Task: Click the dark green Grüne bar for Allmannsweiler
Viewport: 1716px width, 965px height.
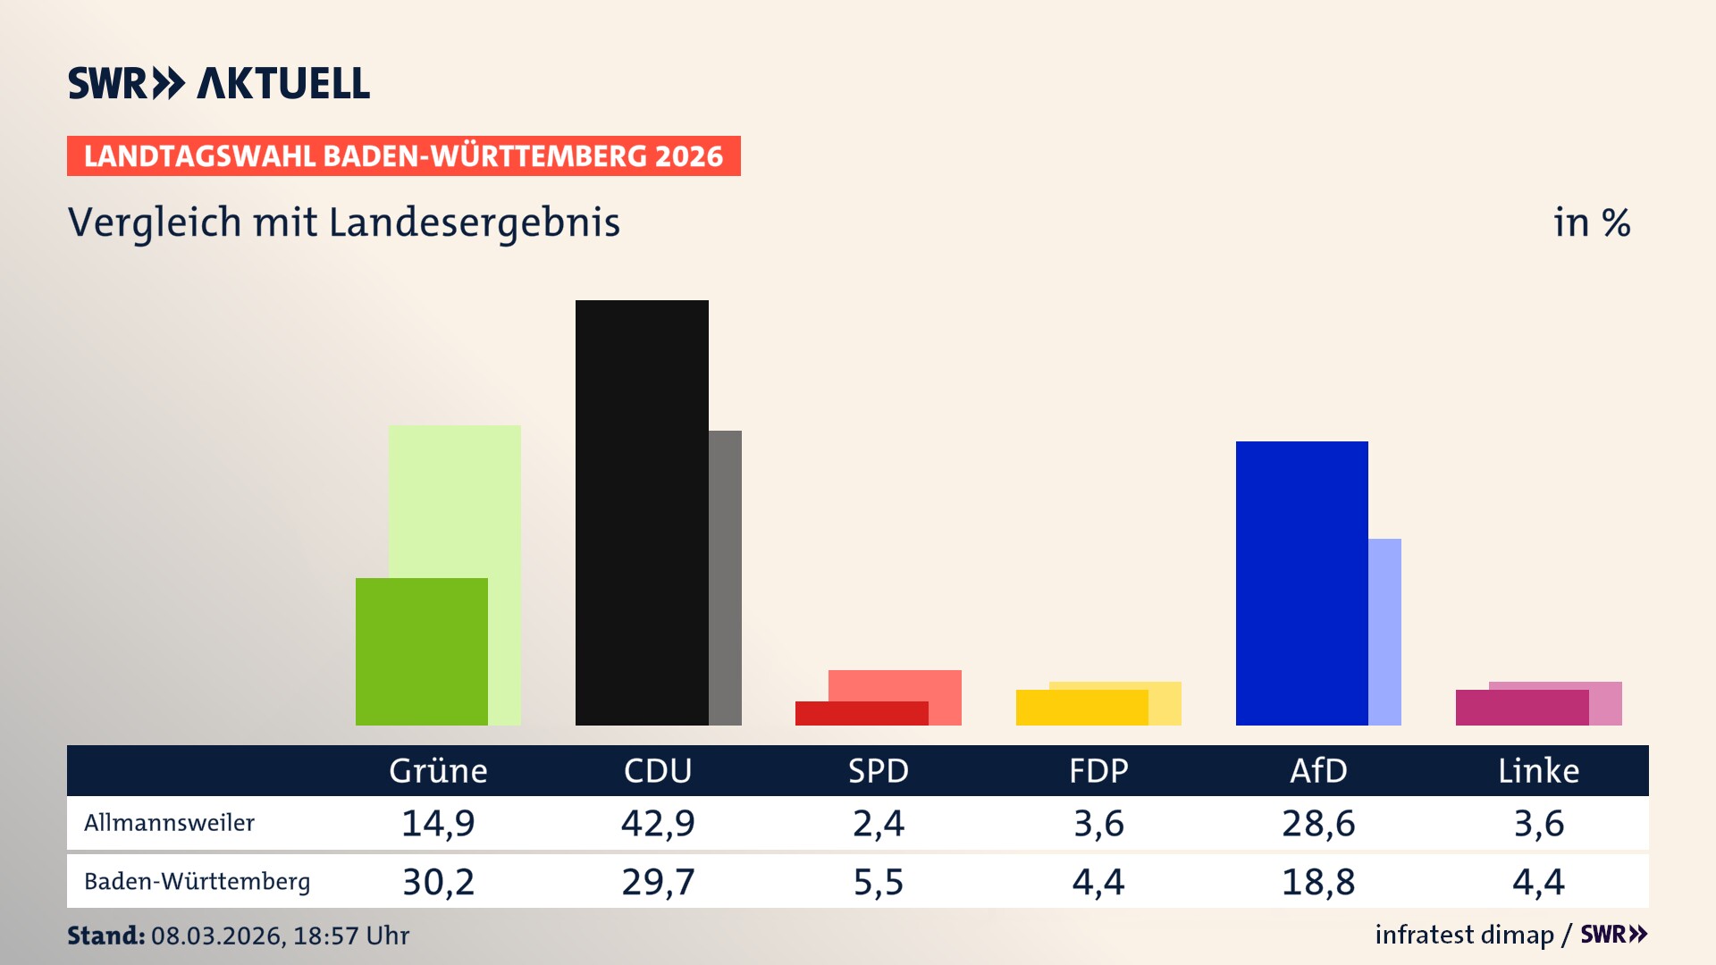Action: pyautogui.click(x=422, y=651)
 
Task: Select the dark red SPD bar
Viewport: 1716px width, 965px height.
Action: pyautogui.click(x=861, y=713)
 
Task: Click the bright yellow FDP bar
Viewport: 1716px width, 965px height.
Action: pyautogui.click(x=1081, y=707)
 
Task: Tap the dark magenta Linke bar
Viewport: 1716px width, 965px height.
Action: pyautogui.click(x=1521, y=707)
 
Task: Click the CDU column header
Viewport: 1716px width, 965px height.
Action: pyautogui.click(x=658, y=770)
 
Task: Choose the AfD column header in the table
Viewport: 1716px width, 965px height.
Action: pyautogui.click(x=1318, y=770)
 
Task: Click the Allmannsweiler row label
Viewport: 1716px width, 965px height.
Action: pyautogui.click(x=169, y=823)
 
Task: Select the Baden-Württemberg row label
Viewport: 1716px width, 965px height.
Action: pyautogui.click(x=197, y=882)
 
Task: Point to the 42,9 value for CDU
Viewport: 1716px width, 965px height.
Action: pyautogui.click(x=658, y=823)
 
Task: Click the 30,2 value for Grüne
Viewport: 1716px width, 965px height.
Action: pyautogui.click(x=438, y=882)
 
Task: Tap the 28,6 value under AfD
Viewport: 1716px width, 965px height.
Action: pyautogui.click(x=1318, y=823)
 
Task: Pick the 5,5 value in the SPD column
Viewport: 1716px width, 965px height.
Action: pyautogui.click(x=879, y=882)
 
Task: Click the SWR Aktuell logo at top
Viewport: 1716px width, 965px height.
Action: pyautogui.click(x=218, y=83)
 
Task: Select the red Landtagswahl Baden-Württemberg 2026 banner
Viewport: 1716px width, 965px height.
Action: pyautogui.click(x=403, y=155)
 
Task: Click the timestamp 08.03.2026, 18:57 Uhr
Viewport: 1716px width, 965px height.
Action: pyautogui.click(x=280, y=936)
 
